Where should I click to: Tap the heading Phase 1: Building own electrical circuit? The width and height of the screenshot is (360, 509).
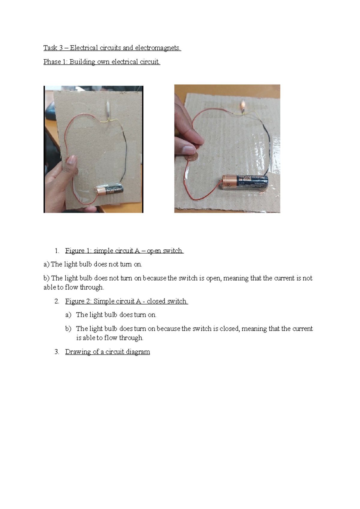tap(102, 62)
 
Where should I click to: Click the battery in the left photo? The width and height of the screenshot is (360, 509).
tap(110, 190)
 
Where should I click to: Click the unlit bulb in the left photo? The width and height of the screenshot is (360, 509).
tap(107, 110)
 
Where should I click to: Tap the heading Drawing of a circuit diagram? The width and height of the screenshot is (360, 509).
tap(107, 352)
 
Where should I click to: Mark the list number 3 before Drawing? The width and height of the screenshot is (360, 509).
tap(57, 352)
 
